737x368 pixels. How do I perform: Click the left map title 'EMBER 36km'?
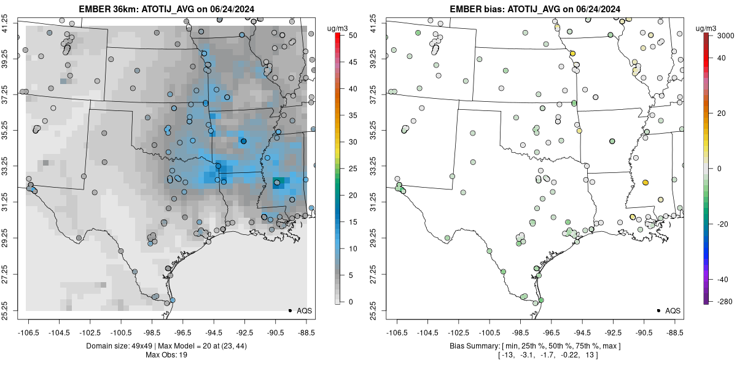pyautogui.click(x=105, y=9)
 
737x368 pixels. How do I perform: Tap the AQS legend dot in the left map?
pyautogui.click(x=289, y=310)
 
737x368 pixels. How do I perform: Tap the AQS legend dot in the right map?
pyautogui.click(x=658, y=310)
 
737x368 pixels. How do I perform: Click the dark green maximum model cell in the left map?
pyautogui.click(x=278, y=182)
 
